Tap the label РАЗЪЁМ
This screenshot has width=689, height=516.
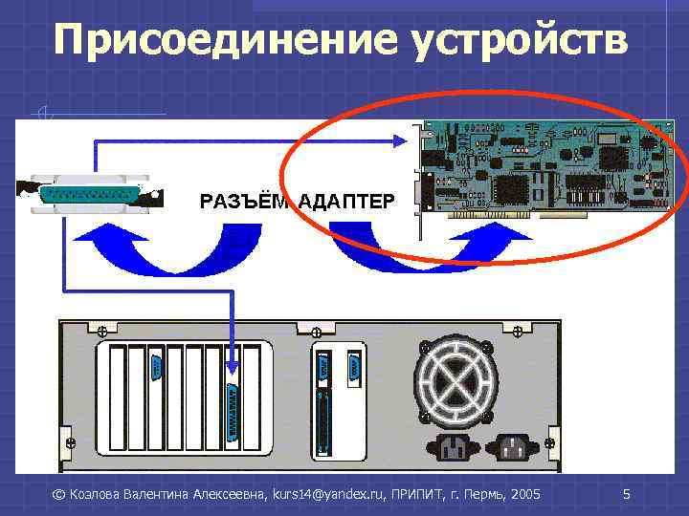(244, 202)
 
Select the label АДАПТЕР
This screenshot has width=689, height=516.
(345, 202)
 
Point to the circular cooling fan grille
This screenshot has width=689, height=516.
(456, 381)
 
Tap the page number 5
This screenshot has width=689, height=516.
(626, 494)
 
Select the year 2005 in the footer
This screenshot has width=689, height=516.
(525, 494)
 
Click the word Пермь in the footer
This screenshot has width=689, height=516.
(479, 494)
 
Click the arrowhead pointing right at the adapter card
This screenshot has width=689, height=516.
(403, 140)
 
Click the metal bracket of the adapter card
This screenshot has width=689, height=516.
(418, 182)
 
